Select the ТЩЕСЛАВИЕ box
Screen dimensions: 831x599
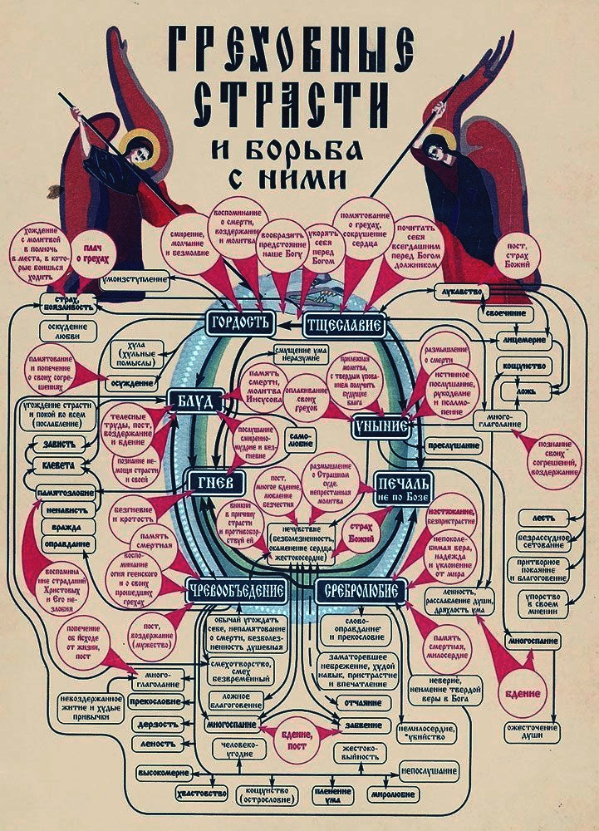coord(345,325)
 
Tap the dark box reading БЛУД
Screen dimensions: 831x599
coord(192,402)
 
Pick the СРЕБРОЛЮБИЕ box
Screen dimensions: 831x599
coord(361,590)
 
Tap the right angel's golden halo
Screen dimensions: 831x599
coord(441,142)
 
